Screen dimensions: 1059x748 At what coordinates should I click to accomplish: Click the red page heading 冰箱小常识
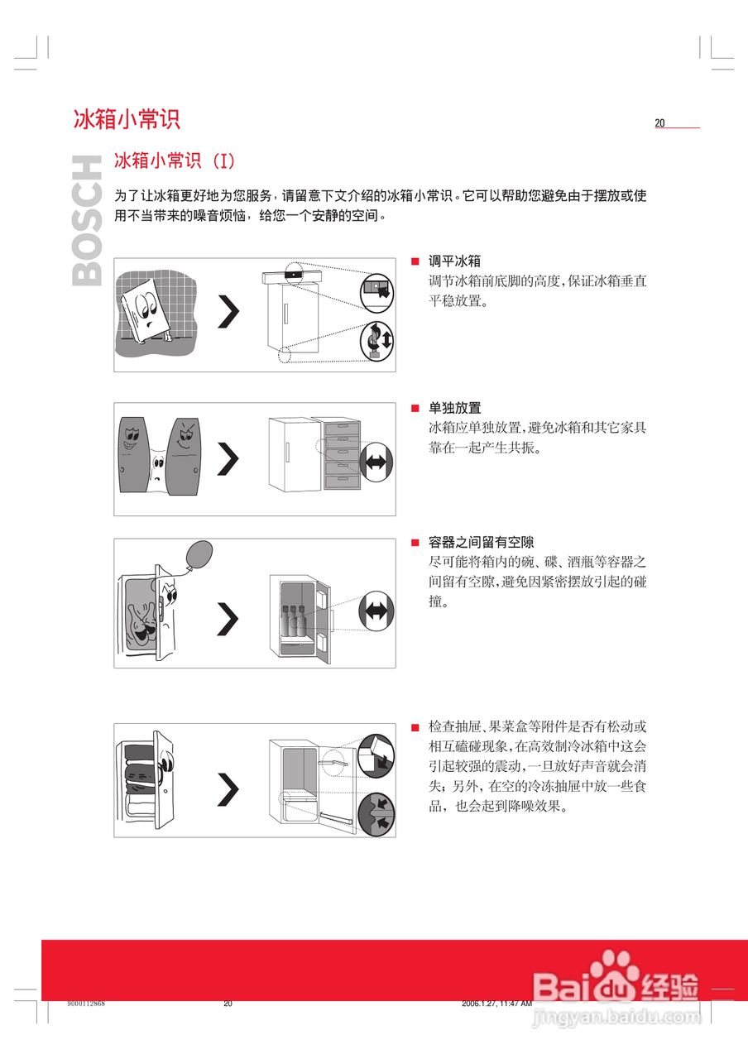point(126,119)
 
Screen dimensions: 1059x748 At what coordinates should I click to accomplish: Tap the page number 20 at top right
point(660,123)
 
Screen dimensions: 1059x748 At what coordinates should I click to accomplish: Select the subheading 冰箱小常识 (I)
point(175,160)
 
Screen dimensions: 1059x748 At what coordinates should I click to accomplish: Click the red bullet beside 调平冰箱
point(416,261)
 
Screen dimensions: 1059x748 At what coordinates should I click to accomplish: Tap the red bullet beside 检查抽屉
point(416,727)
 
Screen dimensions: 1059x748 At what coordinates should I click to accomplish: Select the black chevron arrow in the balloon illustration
point(228,619)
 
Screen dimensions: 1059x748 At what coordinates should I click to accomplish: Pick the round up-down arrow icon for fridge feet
point(376,340)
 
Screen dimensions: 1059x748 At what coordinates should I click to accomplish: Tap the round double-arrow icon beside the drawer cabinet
point(376,462)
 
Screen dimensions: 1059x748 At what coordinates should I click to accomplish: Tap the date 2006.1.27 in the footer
point(482,1004)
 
